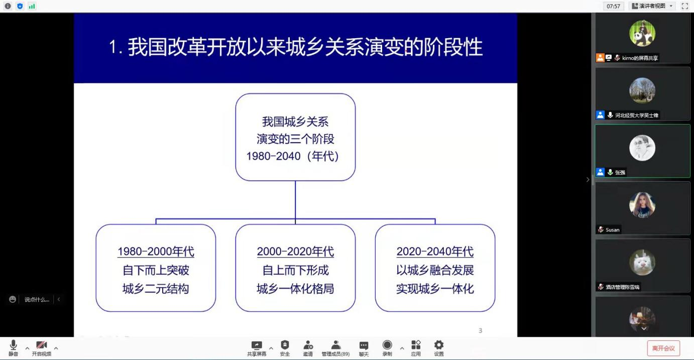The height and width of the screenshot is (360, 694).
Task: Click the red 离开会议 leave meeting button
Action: (x=663, y=348)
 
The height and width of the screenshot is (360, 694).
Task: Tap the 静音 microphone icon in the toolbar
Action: (x=14, y=345)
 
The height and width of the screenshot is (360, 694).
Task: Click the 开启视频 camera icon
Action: (x=42, y=345)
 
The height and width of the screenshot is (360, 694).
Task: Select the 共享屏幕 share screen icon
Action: (x=257, y=345)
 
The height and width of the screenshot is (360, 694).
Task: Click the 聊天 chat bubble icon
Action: (x=364, y=345)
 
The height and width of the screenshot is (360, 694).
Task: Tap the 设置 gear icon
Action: (x=439, y=345)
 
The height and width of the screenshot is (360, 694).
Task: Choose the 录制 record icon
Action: (x=387, y=345)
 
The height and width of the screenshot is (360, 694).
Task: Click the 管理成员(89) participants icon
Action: (x=336, y=345)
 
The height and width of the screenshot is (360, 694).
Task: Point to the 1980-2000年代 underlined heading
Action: (x=156, y=251)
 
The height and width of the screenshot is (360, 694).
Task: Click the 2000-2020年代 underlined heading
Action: (x=295, y=251)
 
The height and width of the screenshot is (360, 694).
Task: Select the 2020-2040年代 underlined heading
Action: (x=435, y=251)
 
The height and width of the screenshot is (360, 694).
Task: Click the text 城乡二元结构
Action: (x=156, y=289)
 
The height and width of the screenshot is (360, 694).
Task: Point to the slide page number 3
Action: (x=480, y=330)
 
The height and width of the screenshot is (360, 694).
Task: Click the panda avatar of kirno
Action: (x=642, y=33)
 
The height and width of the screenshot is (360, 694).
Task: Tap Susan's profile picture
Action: (x=642, y=205)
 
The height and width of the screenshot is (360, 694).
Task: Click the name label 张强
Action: (x=620, y=173)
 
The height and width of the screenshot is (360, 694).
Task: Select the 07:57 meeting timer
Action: (x=613, y=6)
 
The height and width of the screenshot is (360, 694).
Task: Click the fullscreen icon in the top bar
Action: (x=684, y=6)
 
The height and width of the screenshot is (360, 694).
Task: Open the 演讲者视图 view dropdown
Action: (x=652, y=6)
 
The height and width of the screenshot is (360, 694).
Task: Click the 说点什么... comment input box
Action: (x=37, y=300)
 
